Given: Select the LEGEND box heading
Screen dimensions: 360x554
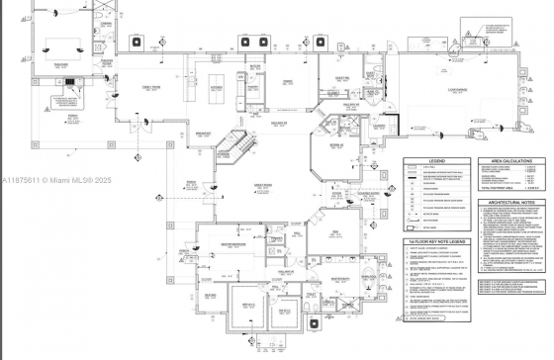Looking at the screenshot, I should [x=437, y=159].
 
